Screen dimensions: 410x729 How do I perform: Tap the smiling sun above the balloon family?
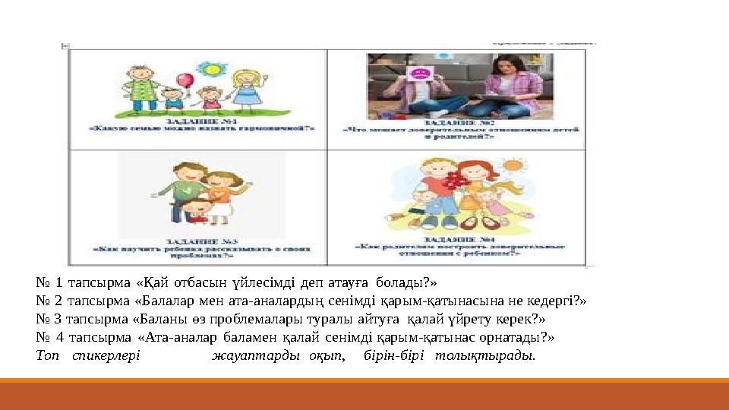pos(210,68)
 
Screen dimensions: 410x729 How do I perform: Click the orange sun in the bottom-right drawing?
pos(514,164)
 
